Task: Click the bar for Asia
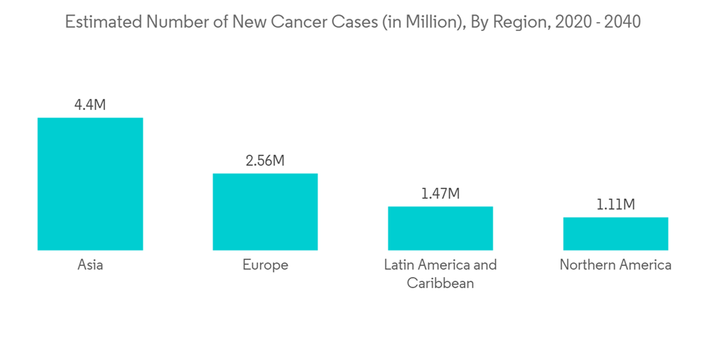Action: click(90, 184)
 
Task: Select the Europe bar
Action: click(265, 211)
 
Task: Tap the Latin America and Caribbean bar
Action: click(440, 228)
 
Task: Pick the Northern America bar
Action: click(615, 234)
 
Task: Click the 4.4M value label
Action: click(90, 105)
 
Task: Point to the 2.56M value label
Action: click(265, 161)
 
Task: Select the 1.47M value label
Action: click(440, 194)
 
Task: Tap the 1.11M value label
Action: click(615, 205)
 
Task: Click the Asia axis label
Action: click(90, 265)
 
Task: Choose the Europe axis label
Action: click(265, 265)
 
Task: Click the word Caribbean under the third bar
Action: click(440, 284)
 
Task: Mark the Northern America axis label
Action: click(615, 265)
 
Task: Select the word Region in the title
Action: click(517, 22)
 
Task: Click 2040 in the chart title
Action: click(622, 22)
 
